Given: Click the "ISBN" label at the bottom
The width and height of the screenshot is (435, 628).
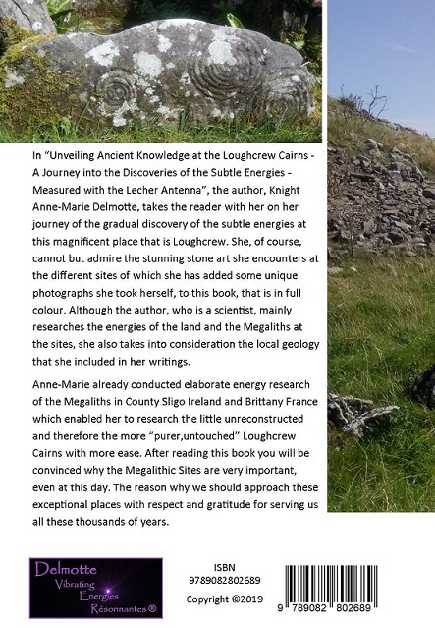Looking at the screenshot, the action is (224, 568).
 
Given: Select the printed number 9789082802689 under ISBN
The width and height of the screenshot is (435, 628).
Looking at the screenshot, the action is (225, 582).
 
